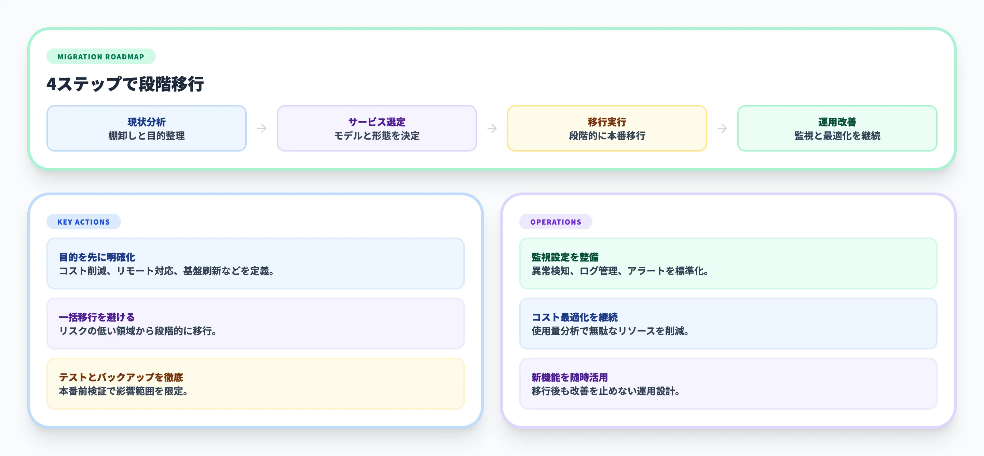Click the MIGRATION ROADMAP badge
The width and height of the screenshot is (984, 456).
coord(101,56)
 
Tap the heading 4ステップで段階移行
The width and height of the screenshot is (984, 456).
coord(125,84)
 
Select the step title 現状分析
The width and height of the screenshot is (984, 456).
coord(146,122)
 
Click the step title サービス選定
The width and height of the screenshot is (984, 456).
coord(377,122)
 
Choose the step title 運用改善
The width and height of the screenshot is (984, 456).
coord(837,122)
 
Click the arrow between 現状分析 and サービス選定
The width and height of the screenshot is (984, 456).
coord(262,128)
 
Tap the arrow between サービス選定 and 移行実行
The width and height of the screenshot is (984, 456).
coord(492,128)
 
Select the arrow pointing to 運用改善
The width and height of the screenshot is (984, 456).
coord(722,128)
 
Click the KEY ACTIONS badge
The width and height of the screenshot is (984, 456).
coord(84,222)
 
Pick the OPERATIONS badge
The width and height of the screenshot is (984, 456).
coord(556,222)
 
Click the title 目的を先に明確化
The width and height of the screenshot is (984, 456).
coord(97,257)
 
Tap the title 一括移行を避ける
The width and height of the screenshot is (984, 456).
coord(97,317)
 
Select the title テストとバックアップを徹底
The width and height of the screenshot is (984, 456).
coord(121,377)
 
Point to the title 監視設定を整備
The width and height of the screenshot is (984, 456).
coord(565,257)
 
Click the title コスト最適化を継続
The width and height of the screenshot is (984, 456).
coord(574,317)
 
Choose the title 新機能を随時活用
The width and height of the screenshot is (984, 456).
coord(570,377)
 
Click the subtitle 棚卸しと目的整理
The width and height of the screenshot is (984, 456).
coord(146,136)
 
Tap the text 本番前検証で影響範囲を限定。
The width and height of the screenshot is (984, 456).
coord(123,391)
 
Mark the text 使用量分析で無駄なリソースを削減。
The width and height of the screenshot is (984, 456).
coord(610,331)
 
